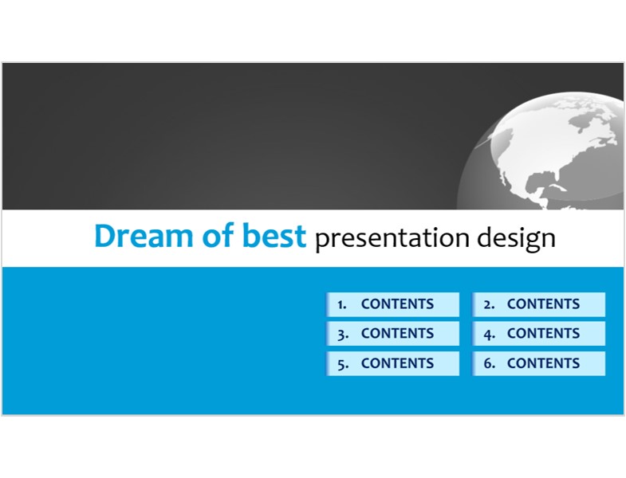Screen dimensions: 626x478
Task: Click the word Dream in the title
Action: click(144, 235)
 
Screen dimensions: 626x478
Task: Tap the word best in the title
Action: click(274, 235)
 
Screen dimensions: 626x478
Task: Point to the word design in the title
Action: click(516, 238)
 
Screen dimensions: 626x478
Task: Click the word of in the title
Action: click(218, 235)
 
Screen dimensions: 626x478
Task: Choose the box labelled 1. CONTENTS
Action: click(393, 304)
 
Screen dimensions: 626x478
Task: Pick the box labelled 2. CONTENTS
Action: click(538, 304)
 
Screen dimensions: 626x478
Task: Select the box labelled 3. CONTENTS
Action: click(393, 334)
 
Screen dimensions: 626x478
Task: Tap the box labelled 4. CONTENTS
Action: click(538, 334)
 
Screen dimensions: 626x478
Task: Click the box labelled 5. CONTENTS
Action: click(393, 363)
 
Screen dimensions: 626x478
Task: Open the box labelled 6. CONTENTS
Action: click(538, 363)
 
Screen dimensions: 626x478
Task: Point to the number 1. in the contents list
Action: click(342, 304)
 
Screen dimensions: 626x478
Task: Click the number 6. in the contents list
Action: click(490, 363)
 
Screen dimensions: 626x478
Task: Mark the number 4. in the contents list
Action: click(490, 334)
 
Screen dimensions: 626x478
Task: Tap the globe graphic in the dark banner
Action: click(540, 151)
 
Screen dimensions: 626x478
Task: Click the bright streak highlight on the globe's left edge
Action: click(485, 141)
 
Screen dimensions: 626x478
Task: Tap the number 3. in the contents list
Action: click(343, 335)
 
